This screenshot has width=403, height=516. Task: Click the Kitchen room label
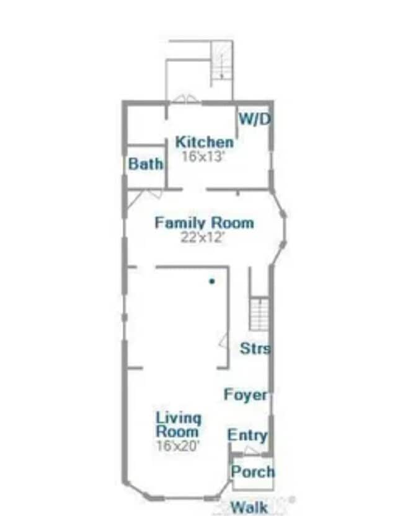click(205, 142)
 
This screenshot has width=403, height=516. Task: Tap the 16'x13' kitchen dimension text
click(203, 156)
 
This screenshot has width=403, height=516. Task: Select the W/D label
click(255, 119)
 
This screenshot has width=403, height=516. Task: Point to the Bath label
click(146, 164)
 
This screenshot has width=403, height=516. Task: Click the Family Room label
click(204, 222)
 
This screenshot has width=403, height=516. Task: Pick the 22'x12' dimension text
click(203, 237)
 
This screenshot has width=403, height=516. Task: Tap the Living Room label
click(179, 424)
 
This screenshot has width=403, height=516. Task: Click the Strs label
click(255, 349)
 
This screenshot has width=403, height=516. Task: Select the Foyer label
click(246, 395)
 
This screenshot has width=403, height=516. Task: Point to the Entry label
click(247, 435)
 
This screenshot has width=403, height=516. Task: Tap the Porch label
click(253, 472)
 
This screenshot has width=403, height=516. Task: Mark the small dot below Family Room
click(211, 281)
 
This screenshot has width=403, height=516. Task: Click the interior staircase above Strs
click(259, 314)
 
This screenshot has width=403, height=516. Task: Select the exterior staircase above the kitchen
click(222, 62)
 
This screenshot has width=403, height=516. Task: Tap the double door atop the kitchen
click(184, 98)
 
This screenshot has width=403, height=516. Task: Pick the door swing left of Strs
click(223, 340)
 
